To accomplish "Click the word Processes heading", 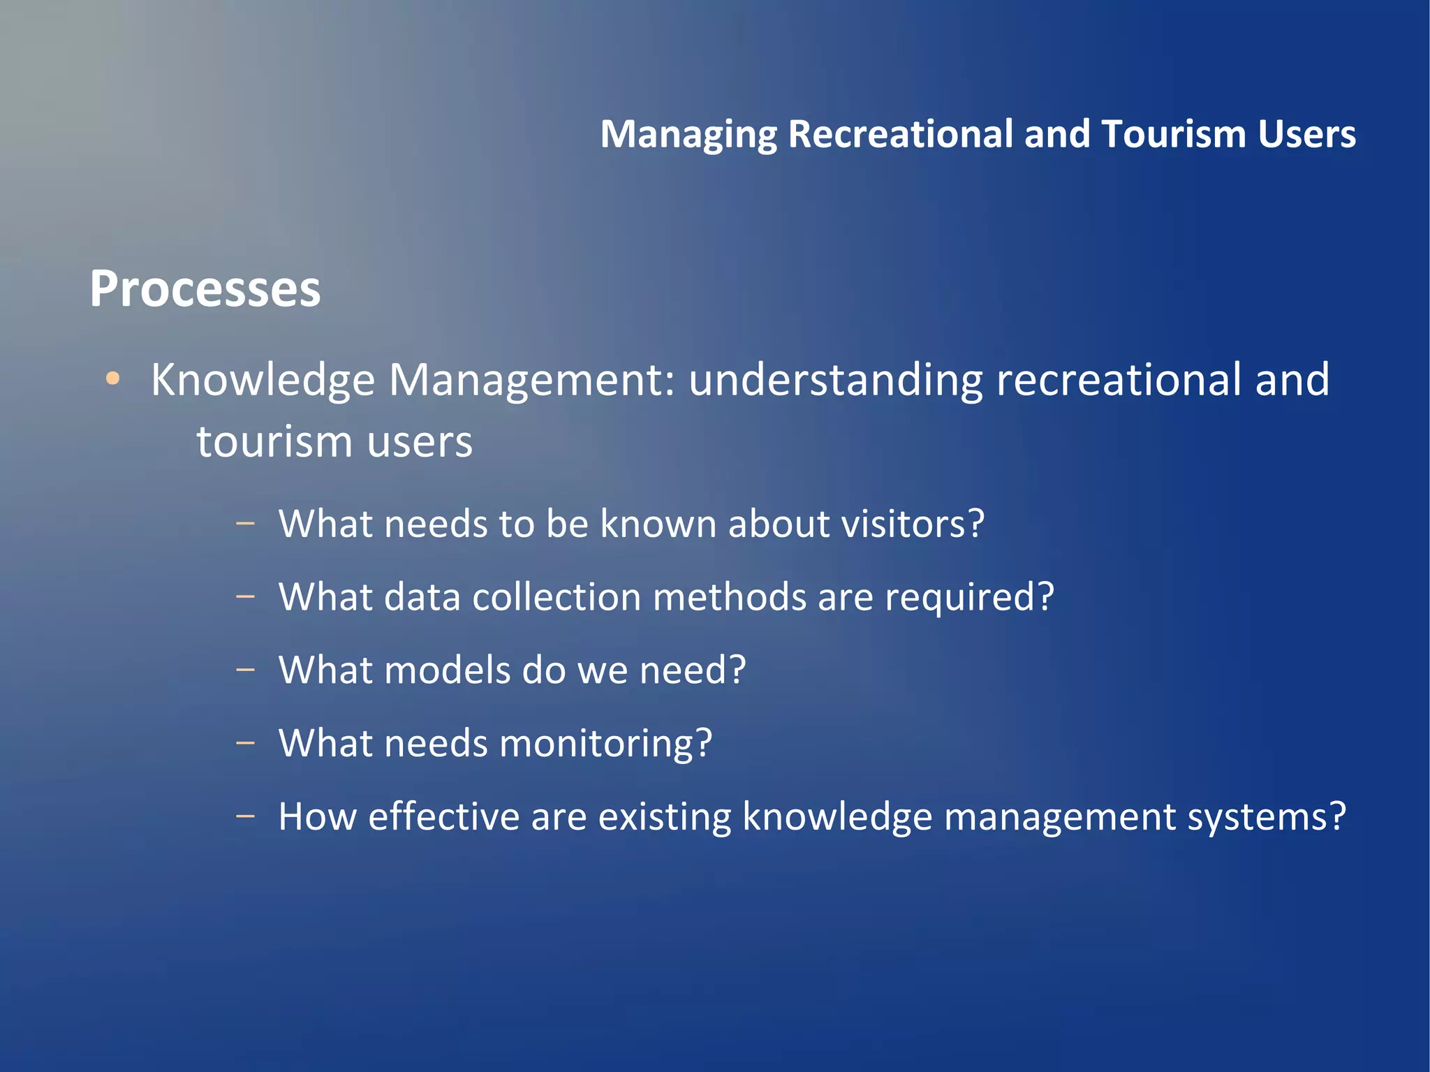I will pos(205,289).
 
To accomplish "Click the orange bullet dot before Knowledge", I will pos(112,379).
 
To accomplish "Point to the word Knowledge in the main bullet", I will pos(263,381).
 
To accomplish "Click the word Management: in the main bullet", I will pos(532,381).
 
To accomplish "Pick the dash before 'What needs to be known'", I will pos(245,524).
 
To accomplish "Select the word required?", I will pos(969,598).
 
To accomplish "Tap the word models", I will pos(447,670).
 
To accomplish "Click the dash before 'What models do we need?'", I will pos(245,670).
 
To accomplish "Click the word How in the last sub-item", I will pos(317,816).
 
